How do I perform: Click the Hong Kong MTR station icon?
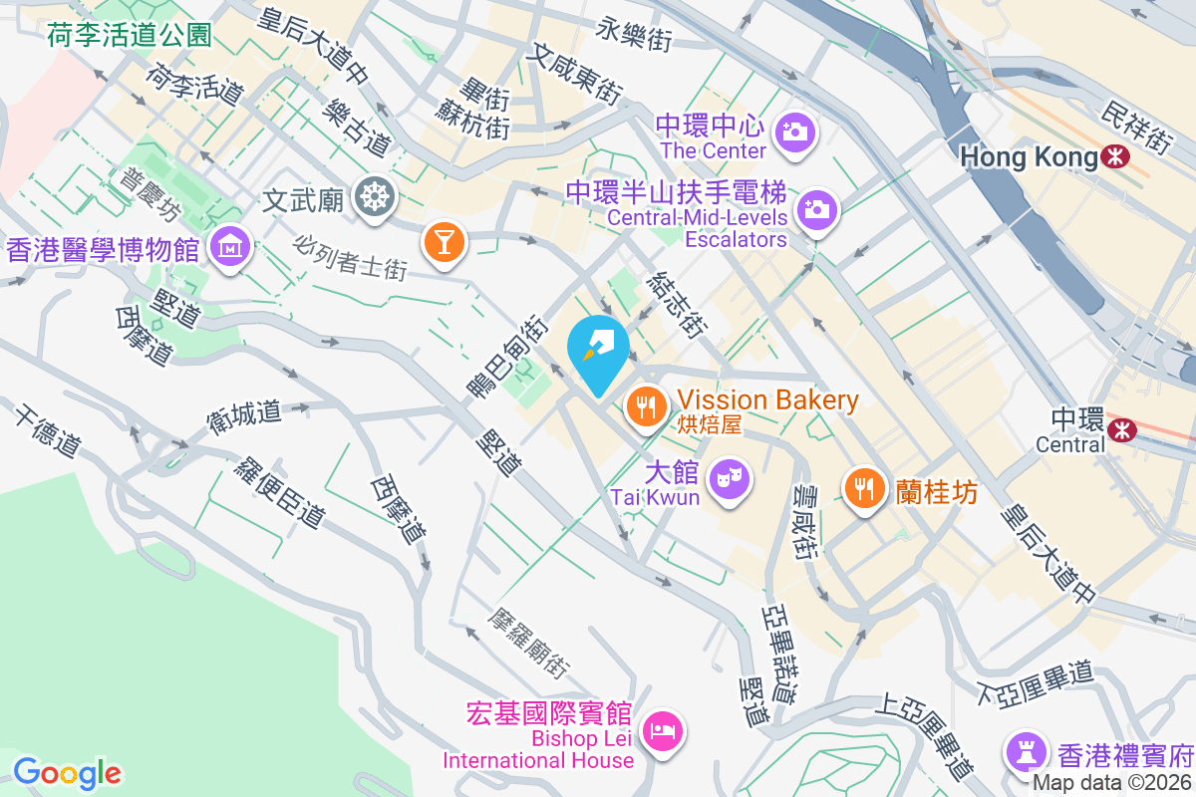[1114, 156]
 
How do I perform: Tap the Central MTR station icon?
[1122, 428]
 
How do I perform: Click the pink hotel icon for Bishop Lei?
[664, 732]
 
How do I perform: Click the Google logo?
[68, 773]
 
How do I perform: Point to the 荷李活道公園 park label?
[130, 37]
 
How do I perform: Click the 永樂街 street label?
[635, 35]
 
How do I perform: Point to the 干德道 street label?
[47, 430]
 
